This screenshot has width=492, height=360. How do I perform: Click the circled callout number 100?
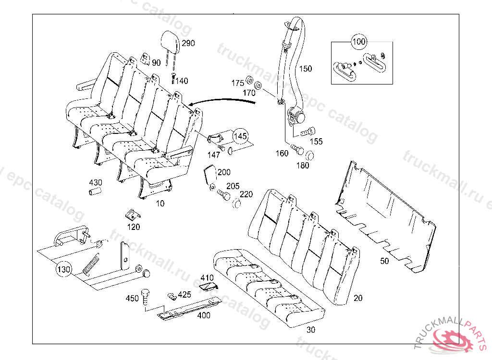click(359, 42)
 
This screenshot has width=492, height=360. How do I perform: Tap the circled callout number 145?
click(241, 136)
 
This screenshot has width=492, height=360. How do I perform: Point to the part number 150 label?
click(306, 69)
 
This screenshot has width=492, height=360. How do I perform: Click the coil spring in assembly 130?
click(91, 264)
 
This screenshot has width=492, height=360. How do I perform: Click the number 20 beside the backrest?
click(358, 298)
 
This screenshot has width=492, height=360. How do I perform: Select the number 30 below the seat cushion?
click(311, 330)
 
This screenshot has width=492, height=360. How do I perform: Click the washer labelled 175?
click(249, 80)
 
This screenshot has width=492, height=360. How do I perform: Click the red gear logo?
click(452, 340)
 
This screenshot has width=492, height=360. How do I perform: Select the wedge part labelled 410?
click(208, 287)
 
